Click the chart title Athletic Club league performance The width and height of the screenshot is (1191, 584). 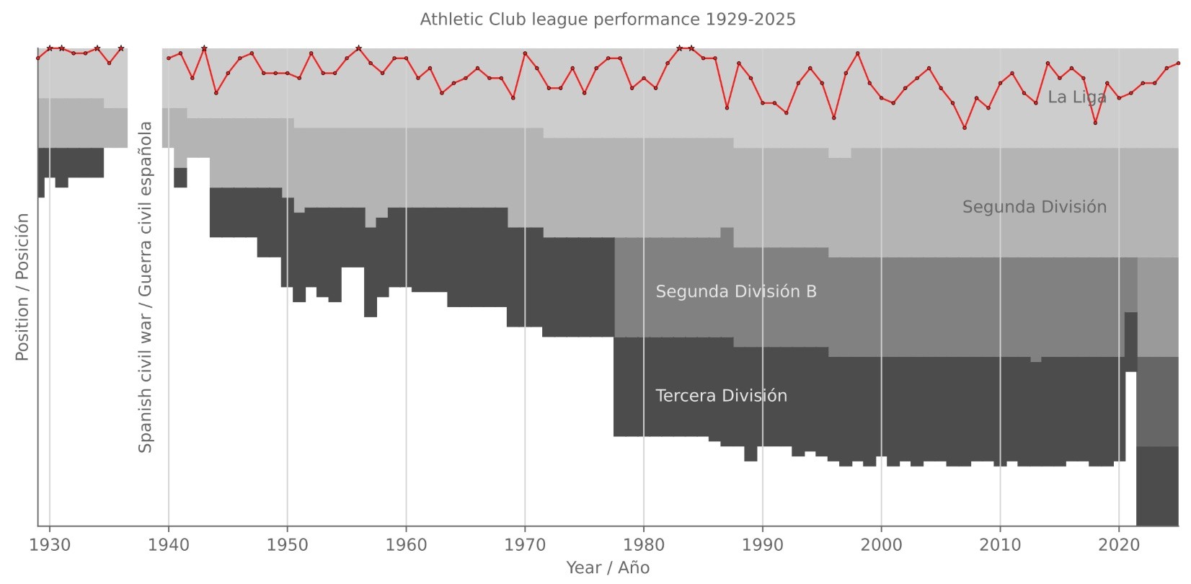[x=608, y=19]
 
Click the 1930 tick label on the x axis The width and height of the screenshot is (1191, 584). [x=50, y=545]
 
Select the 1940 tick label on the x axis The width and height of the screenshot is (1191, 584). [x=169, y=545]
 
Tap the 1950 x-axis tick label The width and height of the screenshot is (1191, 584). [x=287, y=545]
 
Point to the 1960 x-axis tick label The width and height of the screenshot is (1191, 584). [x=406, y=545]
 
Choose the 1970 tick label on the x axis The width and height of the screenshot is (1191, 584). [x=525, y=545]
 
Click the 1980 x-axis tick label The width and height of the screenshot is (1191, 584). [x=644, y=545]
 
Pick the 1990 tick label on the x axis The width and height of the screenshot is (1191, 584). [x=762, y=545]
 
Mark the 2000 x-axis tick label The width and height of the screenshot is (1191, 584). [x=881, y=545]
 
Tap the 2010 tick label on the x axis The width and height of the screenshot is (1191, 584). [x=1000, y=545]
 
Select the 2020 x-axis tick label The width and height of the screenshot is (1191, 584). [x=1118, y=545]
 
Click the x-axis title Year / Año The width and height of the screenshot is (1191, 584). [x=608, y=568]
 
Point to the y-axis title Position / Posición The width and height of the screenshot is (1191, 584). [x=22, y=287]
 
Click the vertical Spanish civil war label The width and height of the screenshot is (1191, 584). [x=146, y=287]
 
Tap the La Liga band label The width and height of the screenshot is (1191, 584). [x=1076, y=97]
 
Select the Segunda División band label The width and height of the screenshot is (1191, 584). [x=1034, y=208]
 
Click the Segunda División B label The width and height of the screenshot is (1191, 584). [x=736, y=292]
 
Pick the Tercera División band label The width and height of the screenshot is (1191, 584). [x=721, y=396]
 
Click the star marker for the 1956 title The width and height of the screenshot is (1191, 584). [x=358, y=48]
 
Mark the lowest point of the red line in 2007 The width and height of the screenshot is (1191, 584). [x=965, y=128]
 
